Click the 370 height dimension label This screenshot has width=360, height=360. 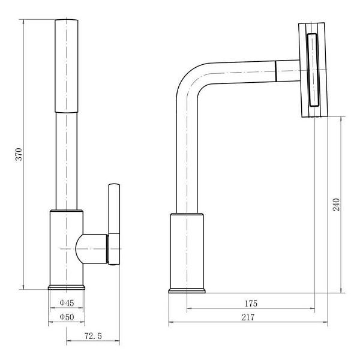(x=19, y=154)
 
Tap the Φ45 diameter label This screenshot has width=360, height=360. (x=67, y=303)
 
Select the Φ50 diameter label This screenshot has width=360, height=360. (x=67, y=317)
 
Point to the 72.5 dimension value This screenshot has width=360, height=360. (x=93, y=336)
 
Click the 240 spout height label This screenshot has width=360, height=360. (x=336, y=205)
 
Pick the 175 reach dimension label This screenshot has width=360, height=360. (x=251, y=304)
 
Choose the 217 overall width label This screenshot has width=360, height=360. (x=248, y=317)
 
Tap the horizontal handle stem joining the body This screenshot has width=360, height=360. (x=92, y=249)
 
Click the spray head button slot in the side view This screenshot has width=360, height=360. (x=313, y=70)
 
